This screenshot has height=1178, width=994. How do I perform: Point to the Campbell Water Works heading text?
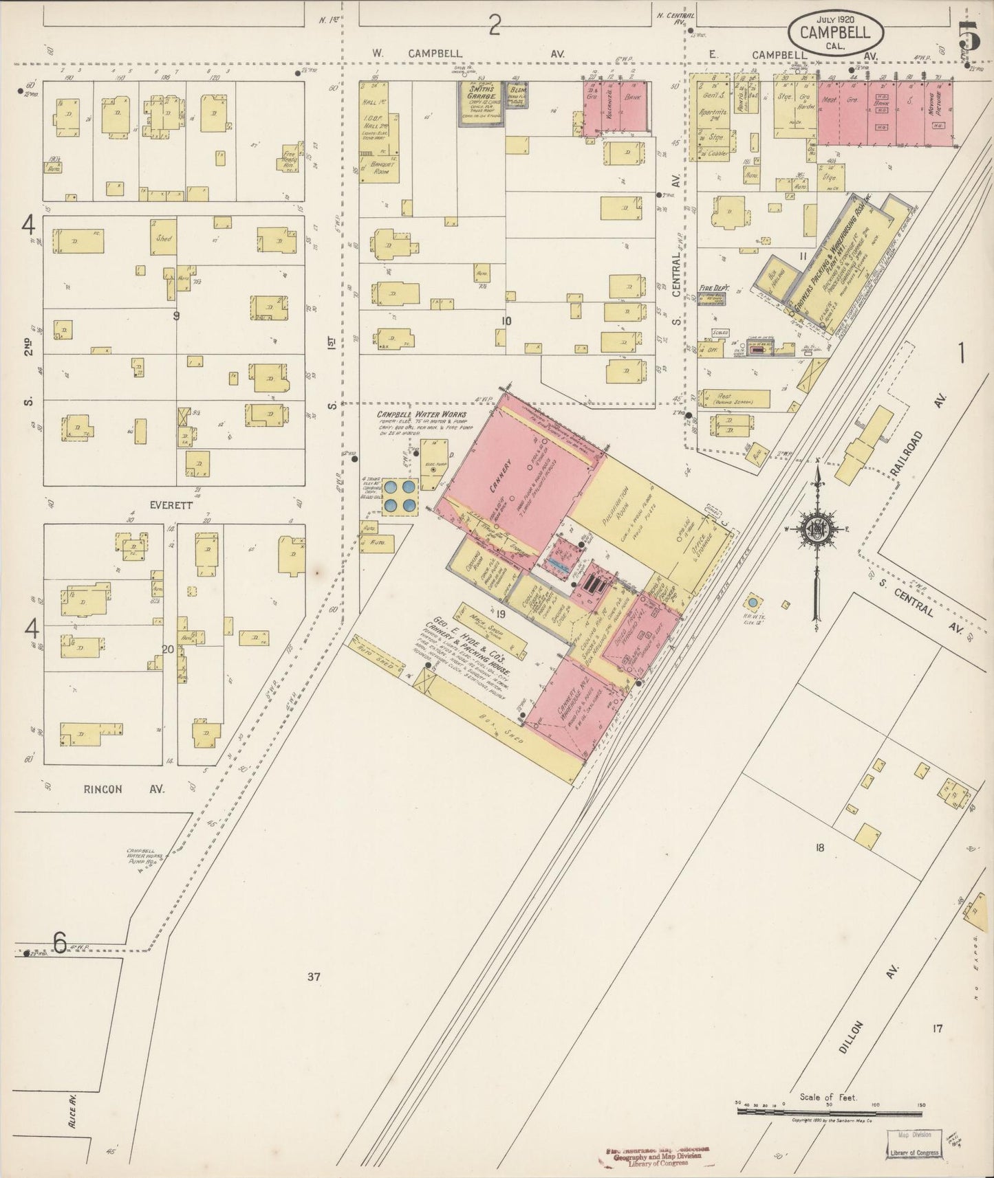421,414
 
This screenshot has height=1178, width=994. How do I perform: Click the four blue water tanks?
400,496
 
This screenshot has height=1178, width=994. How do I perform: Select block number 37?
314,976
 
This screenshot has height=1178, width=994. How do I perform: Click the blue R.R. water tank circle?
753,602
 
